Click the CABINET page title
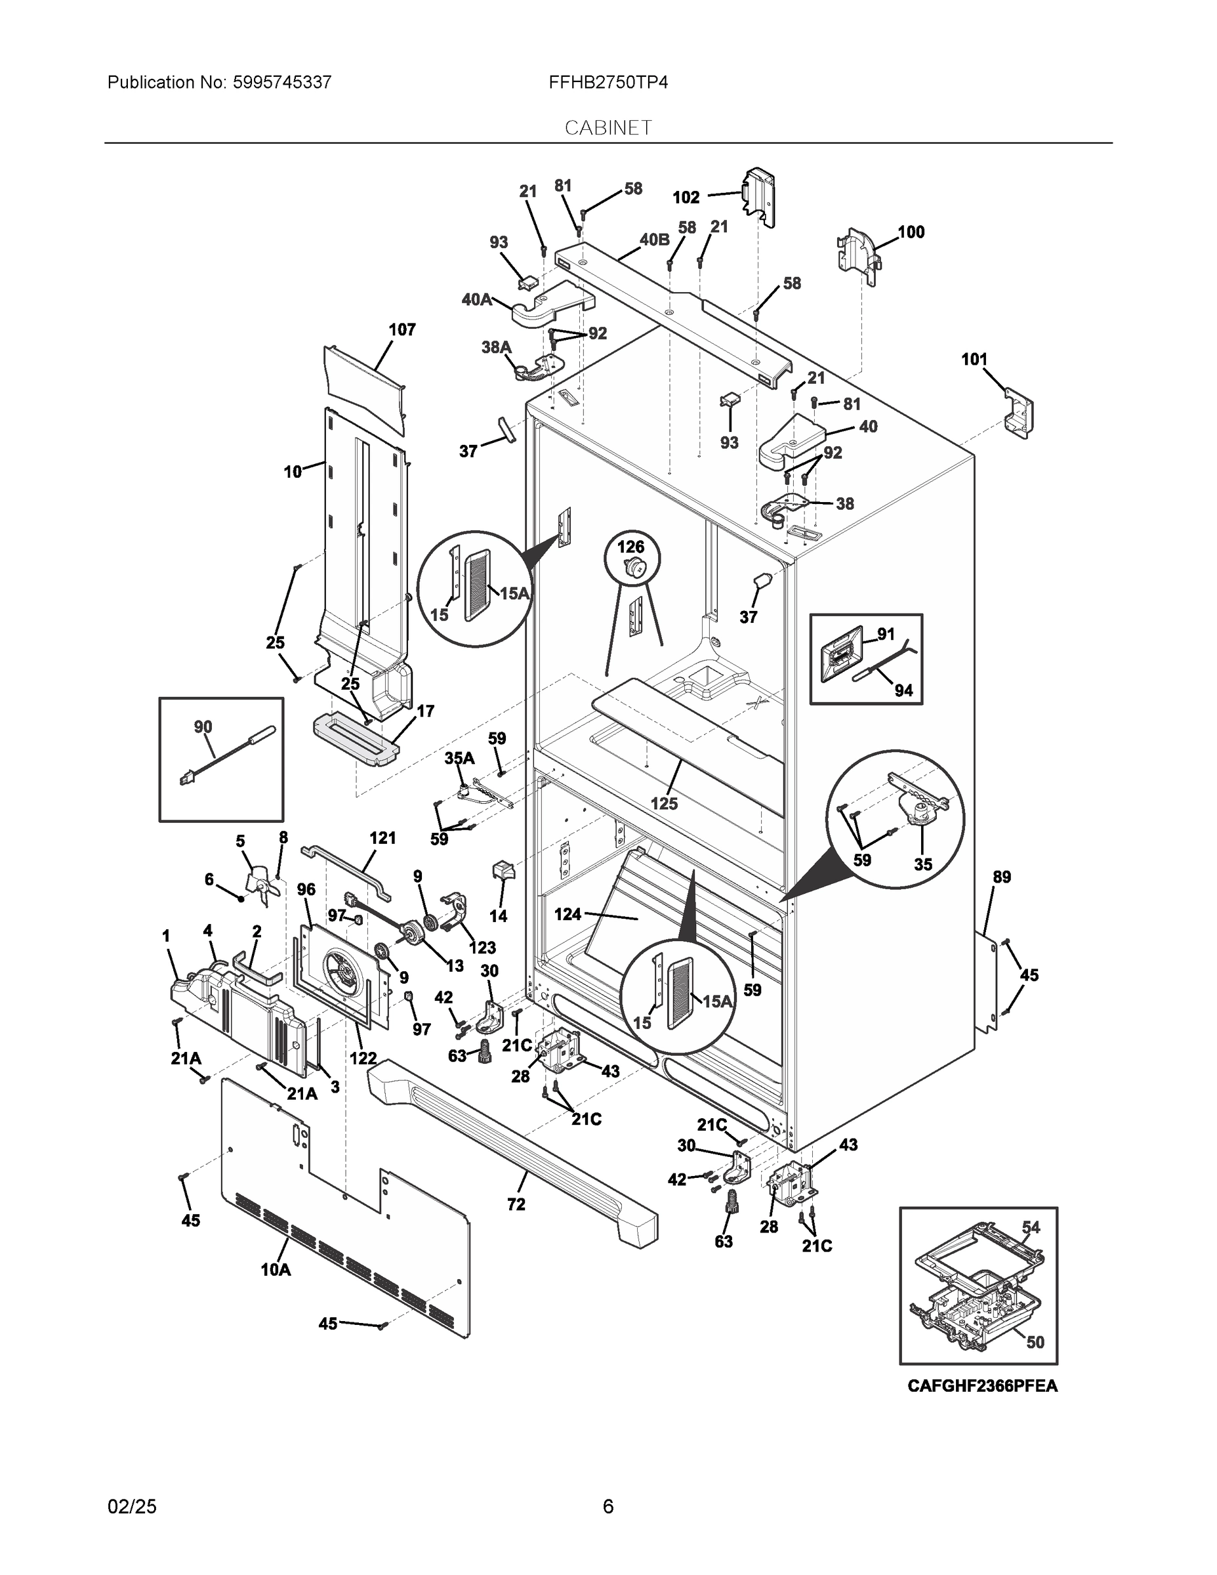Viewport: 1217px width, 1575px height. (608, 128)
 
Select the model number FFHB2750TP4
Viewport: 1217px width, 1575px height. (608, 82)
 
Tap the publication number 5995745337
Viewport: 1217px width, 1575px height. (281, 82)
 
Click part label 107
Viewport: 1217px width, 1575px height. (402, 329)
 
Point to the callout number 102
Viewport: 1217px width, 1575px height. (686, 197)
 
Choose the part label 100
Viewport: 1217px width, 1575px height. (911, 232)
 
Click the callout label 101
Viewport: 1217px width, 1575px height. (974, 359)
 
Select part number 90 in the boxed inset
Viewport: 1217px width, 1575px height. (203, 727)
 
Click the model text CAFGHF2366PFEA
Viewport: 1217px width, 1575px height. (982, 1385)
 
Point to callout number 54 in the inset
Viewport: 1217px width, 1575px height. (1031, 1227)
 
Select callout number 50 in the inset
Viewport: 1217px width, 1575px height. (1035, 1342)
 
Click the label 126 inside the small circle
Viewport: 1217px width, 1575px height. (631, 547)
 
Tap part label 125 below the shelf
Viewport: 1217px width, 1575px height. (663, 803)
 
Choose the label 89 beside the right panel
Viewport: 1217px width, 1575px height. (1001, 877)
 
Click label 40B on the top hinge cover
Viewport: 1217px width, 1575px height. (654, 240)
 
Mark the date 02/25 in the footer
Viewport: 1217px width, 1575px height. (132, 1506)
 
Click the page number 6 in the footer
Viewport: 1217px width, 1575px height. (608, 1506)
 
